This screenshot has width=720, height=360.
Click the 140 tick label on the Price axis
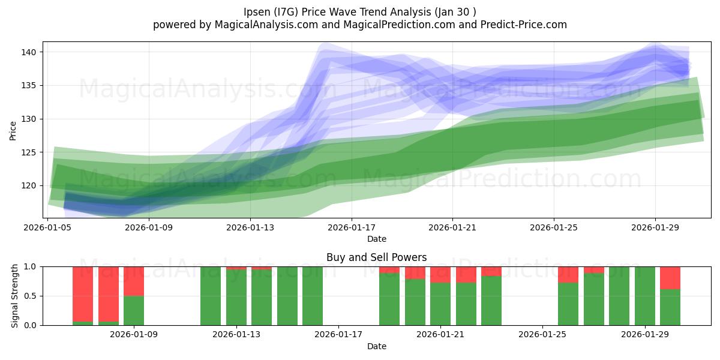[x=28, y=52]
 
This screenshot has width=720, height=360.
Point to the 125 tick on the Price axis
[x=28, y=152]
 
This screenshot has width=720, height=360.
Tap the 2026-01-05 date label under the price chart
[x=47, y=227]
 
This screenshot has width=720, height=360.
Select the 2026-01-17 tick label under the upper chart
[x=352, y=227]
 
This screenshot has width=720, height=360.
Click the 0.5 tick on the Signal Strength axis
[x=30, y=296]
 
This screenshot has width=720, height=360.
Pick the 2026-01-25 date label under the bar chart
[x=542, y=335]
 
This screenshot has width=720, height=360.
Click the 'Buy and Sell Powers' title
[x=376, y=257]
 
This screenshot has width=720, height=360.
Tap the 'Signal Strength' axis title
[x=14, y=296]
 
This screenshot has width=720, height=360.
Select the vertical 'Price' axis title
[x=13, y=131]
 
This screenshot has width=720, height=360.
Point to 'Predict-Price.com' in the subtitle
[x=524, y=25]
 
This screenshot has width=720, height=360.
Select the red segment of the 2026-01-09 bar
[x=134, y=281]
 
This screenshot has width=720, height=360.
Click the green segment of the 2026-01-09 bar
[x=134, y=311]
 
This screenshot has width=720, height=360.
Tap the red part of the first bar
[x=83, y=294]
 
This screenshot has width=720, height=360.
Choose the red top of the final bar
[x=670, y=278]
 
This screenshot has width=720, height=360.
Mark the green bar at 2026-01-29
[x=645, y=296]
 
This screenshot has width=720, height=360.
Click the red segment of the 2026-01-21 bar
[x=440, y=275]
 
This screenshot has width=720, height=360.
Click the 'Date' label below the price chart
[x=377, y=239]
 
